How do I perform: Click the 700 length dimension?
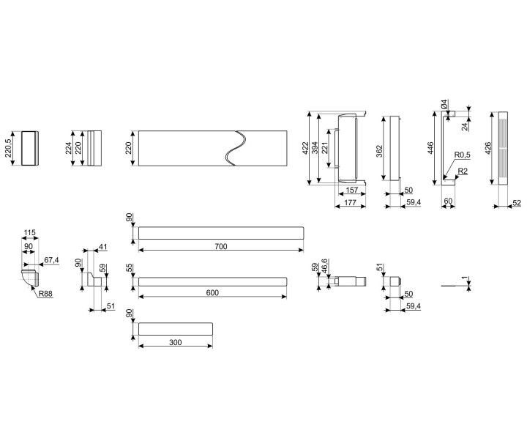(221, 247)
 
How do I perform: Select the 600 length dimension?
(212, 293)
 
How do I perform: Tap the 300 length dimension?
(176, 342)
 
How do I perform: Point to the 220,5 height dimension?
(9, 149)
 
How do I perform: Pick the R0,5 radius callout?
(461, 155)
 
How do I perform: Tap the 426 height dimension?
(487, 149)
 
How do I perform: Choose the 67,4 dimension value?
(51, 259)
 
